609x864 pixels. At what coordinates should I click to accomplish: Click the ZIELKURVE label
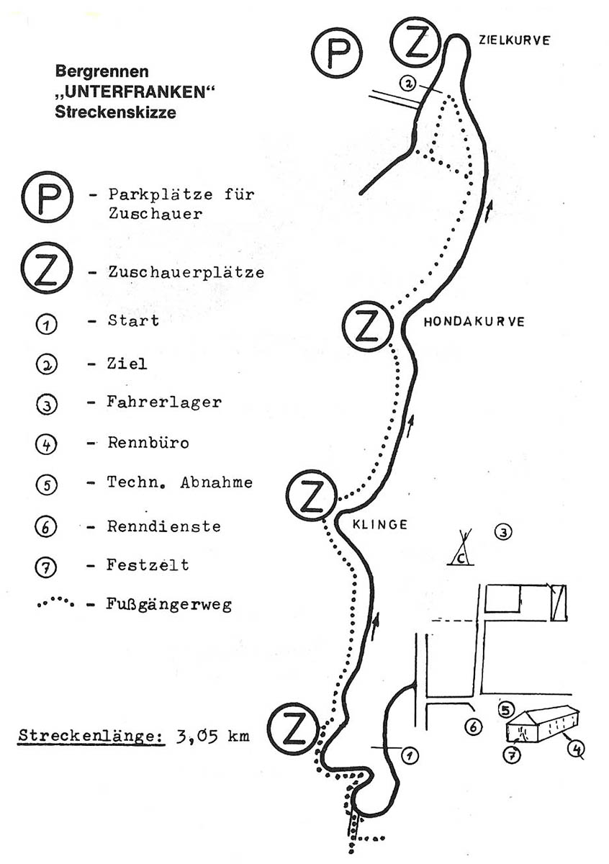pos(515,40)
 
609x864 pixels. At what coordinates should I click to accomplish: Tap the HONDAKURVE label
pos(474,322)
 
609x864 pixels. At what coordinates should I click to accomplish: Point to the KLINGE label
pos(379,525)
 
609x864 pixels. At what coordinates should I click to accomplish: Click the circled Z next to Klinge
pos(312,495)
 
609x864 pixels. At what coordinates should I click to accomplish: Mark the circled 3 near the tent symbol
pos(503,533)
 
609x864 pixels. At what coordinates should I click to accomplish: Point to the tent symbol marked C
pos(461,549)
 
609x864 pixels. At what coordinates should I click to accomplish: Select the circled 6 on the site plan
pos(474,727)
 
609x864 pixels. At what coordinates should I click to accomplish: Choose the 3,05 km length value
pos(209,737)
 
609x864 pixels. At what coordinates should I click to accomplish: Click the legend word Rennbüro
pos(148,443)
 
